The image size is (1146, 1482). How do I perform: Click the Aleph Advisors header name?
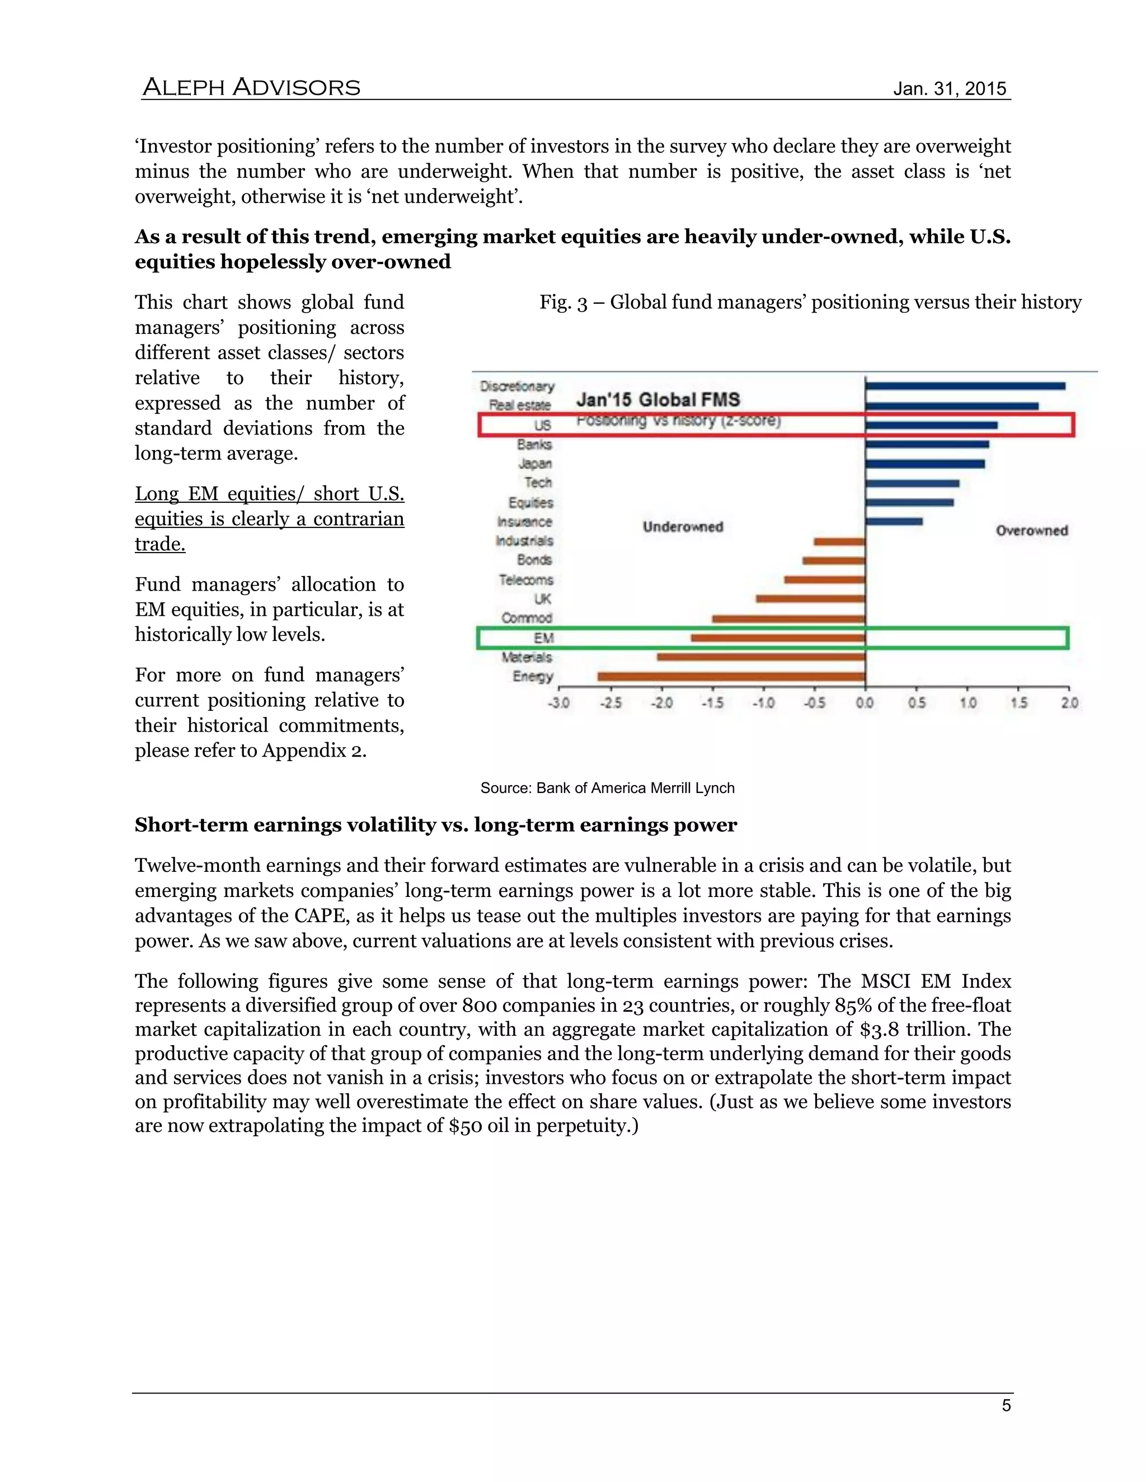pos(251,88)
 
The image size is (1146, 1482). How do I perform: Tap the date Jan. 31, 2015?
pos(949,89)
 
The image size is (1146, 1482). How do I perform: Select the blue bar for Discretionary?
pos(965,386)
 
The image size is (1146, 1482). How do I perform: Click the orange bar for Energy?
pos(731,677)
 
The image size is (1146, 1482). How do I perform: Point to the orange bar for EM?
pos(778,638)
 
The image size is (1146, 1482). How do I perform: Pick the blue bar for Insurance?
pos(894,522)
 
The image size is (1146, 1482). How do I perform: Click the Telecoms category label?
pos(526,579)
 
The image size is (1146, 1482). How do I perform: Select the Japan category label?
pos(535,464)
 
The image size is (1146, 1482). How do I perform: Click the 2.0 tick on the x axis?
pos(1069,703)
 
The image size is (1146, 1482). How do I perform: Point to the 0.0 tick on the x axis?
pos(864,703)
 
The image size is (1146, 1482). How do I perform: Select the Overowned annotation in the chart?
pos(1031,531)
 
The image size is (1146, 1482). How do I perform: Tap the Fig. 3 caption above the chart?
pos(810,302)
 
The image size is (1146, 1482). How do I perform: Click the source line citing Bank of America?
pos(607,788)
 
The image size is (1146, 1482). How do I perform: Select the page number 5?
pos(1006,1405)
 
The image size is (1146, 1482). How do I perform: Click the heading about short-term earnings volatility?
pos(435,825)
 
